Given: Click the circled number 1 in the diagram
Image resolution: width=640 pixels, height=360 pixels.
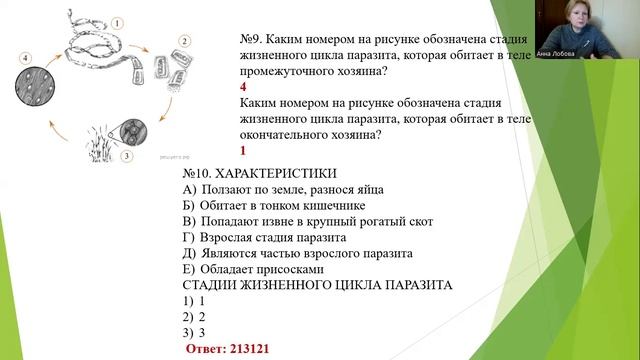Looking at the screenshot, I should [116, 22].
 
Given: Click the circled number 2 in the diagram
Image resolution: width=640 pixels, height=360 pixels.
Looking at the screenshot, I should [184, 41].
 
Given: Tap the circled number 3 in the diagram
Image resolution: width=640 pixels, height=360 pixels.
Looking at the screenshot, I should [127, 157].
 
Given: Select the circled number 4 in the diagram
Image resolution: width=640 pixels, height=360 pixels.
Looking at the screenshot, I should [23, 60].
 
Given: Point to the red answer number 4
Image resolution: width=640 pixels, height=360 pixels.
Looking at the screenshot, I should [244, 86].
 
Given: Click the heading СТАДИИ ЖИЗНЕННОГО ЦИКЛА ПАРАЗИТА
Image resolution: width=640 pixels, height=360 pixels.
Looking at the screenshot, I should [317, 285].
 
